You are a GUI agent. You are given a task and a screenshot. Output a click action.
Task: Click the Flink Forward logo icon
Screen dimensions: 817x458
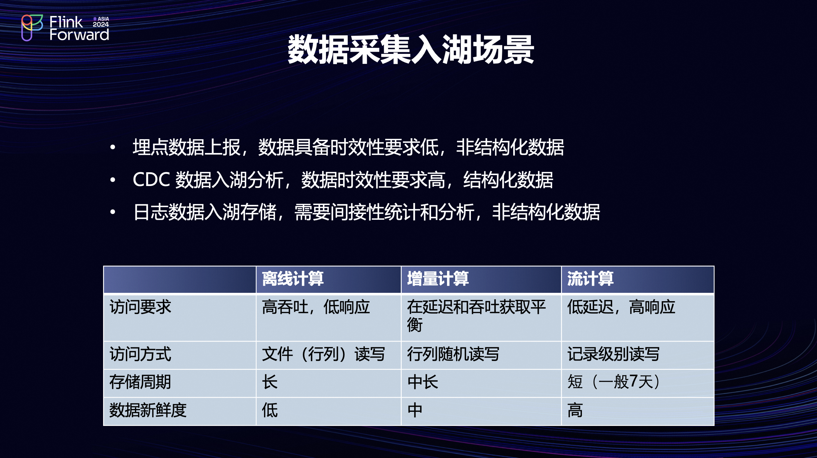(x=32, y=28)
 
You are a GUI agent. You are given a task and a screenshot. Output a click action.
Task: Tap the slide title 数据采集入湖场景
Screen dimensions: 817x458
(x=411, y=50)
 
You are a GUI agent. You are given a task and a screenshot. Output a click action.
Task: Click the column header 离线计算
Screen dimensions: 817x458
(x=293, y=278)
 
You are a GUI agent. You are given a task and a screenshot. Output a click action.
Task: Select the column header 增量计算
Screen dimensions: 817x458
(x=438, y=278)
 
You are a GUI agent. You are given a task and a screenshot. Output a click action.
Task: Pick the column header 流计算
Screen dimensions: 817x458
(x=590, y=278)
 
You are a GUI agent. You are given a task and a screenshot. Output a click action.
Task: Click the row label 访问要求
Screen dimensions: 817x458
(x=140, y=307)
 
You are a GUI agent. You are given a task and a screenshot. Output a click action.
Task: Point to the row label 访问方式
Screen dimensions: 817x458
(x=140, y=354)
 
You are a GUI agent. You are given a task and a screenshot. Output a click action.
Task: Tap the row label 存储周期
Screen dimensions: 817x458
(x=140, y=382)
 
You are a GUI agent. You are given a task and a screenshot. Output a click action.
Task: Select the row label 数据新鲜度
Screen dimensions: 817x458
(x=148, y=410)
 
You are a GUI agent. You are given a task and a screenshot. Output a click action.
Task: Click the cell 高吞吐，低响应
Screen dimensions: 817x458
(x=316, y=307)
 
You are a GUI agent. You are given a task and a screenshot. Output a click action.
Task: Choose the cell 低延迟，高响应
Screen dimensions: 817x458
(x=621, y=307)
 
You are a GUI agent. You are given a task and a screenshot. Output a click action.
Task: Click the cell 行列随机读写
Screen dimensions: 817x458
(x=453, y=354)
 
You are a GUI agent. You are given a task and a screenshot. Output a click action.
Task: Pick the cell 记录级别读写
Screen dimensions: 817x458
(x=613, y=354)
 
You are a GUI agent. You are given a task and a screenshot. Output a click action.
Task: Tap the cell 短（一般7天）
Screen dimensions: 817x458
(x=614, y=382)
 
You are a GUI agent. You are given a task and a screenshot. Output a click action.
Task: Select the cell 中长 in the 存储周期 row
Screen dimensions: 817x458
(x=423, y=382)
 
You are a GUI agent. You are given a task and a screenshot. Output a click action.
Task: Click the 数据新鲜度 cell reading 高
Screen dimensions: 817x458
(x=575, y=410)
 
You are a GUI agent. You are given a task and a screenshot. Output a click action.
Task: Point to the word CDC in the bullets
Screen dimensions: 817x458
(x=151, y=179)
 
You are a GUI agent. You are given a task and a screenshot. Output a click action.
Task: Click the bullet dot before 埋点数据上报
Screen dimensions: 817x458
(x=112, y=147)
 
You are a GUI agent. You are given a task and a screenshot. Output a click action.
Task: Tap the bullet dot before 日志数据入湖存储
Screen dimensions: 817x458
(x=112, y=212)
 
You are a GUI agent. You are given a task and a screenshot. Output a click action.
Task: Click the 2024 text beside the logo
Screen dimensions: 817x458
(x=101, y=24)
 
